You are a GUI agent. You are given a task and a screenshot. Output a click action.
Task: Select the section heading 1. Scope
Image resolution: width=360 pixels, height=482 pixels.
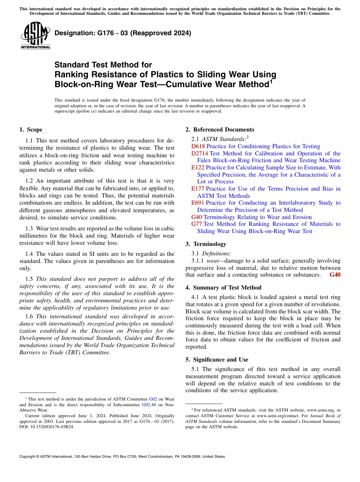[31, 130]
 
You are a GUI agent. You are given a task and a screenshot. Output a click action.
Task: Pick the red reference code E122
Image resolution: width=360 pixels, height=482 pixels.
[198, 167]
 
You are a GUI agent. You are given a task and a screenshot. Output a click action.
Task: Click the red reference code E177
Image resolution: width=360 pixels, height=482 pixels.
[198, 189]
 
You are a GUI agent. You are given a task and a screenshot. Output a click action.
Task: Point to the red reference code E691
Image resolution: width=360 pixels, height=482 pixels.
[198, 203]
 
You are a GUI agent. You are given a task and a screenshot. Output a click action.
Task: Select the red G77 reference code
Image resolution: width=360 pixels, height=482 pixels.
[197, 224]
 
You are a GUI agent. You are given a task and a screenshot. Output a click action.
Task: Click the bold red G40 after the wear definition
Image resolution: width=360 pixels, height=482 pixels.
[335, 275]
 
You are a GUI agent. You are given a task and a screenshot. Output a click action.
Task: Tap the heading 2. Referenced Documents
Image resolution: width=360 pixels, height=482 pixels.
[220, 130]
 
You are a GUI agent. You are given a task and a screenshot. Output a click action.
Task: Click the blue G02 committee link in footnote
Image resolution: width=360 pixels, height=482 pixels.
[153, 399]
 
